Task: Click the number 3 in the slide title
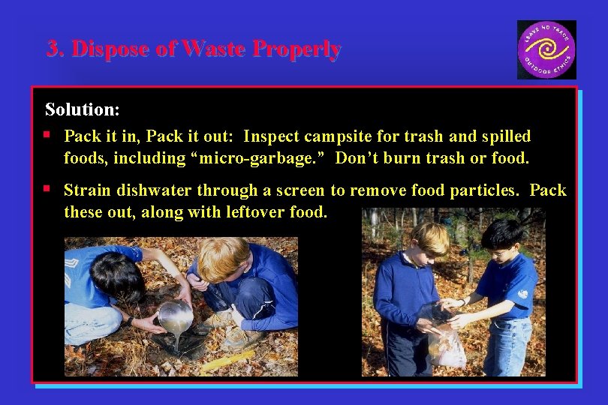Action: [53, 49]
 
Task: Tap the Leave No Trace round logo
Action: [546, 49]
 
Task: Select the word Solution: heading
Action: [82, 109]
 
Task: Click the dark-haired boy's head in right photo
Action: [501, 237]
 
